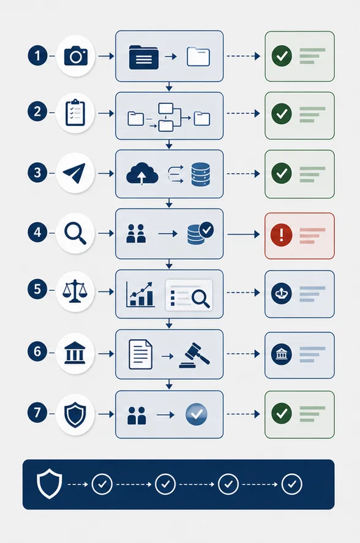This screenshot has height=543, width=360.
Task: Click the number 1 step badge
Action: pyautogui.click(x=37, y=56)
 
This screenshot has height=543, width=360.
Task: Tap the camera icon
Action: pyautogui.click(x=76, y=56)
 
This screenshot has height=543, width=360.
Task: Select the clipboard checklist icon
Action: pyautogui.click(x=75, y=113)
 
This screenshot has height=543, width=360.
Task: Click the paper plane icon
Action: pyautogui.click(x=74, y=173)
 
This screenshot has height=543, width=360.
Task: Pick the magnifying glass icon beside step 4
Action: pyautogui.click(x=75, y=233)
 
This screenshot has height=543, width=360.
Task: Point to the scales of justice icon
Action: pyautogui.click(x=75, y=291)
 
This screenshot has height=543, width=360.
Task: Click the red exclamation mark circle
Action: pyautogui.click(x=282, y=235)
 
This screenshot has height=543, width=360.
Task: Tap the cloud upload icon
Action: pyautogui.click(x=142, y=173)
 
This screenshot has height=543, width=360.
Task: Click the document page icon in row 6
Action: pyautogui.click(x=140, y=354)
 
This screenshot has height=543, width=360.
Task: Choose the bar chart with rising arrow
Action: pyautogui.click(x=140, y=294)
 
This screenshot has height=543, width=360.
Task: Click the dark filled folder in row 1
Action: pyautogui.click(x=144, y=57)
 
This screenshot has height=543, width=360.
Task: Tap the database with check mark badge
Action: pyautogui.click(x=200, y=233)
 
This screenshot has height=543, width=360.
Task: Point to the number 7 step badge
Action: pyautogui.click(x=37, y=413)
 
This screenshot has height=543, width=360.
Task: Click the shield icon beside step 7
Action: pyautogui.click(x=75, y=415)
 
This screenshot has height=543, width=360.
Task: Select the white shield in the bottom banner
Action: pyautogui.click(x=49, y=484)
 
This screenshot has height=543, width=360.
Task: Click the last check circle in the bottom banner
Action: pyautogui.click(x=292, y=484)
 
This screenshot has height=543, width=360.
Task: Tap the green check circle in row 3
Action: pyautogui.click(x=282, y=173)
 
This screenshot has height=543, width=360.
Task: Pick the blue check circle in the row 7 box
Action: pyautogui.click(x=197, y=414)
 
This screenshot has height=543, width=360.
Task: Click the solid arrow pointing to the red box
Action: pyautogui.click(x=244, y=234)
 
